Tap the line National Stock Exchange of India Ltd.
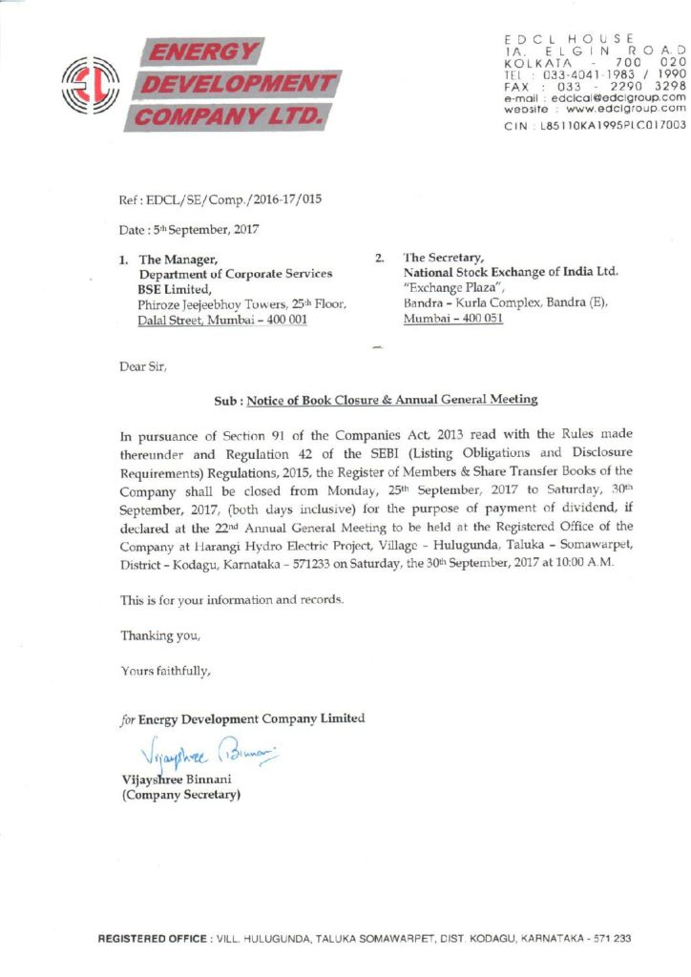(x=512, y=272)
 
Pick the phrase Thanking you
(x=160, y=634)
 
